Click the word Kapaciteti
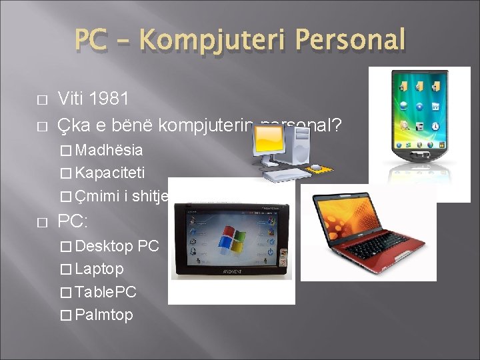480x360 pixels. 110,173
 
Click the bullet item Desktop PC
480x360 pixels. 117,246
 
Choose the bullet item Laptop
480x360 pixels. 99,269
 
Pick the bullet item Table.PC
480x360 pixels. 107,291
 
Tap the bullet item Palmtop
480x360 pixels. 105,315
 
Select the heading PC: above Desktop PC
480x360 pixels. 73,221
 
